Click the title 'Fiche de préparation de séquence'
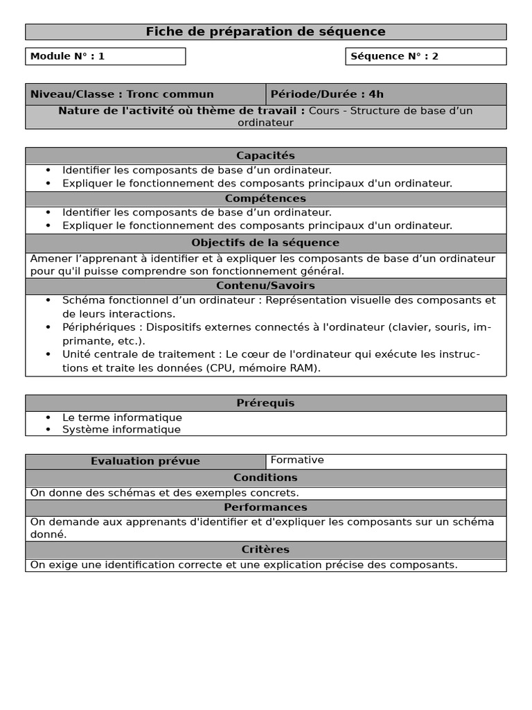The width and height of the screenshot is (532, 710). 265,32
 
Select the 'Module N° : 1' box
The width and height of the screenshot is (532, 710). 105,56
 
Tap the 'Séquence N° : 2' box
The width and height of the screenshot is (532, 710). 425,56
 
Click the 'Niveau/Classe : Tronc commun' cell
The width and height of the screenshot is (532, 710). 145,94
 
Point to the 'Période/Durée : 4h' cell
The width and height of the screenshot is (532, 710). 386,94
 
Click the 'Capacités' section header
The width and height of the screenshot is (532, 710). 265,156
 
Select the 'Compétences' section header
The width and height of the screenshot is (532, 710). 265,199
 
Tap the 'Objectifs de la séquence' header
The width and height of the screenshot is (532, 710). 265,243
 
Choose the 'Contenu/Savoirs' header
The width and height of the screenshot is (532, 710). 265,286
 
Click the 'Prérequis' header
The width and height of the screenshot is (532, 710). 265,403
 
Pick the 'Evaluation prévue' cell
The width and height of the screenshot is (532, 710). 145,461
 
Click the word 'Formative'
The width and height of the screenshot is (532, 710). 297,460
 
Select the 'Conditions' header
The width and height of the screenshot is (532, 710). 265,478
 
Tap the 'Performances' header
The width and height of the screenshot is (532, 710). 265,508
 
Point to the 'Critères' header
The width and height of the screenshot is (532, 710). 265,549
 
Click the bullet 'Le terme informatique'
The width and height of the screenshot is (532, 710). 122,417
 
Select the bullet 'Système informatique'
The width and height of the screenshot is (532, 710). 121,429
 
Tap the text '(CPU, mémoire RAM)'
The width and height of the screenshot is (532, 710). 263,367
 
